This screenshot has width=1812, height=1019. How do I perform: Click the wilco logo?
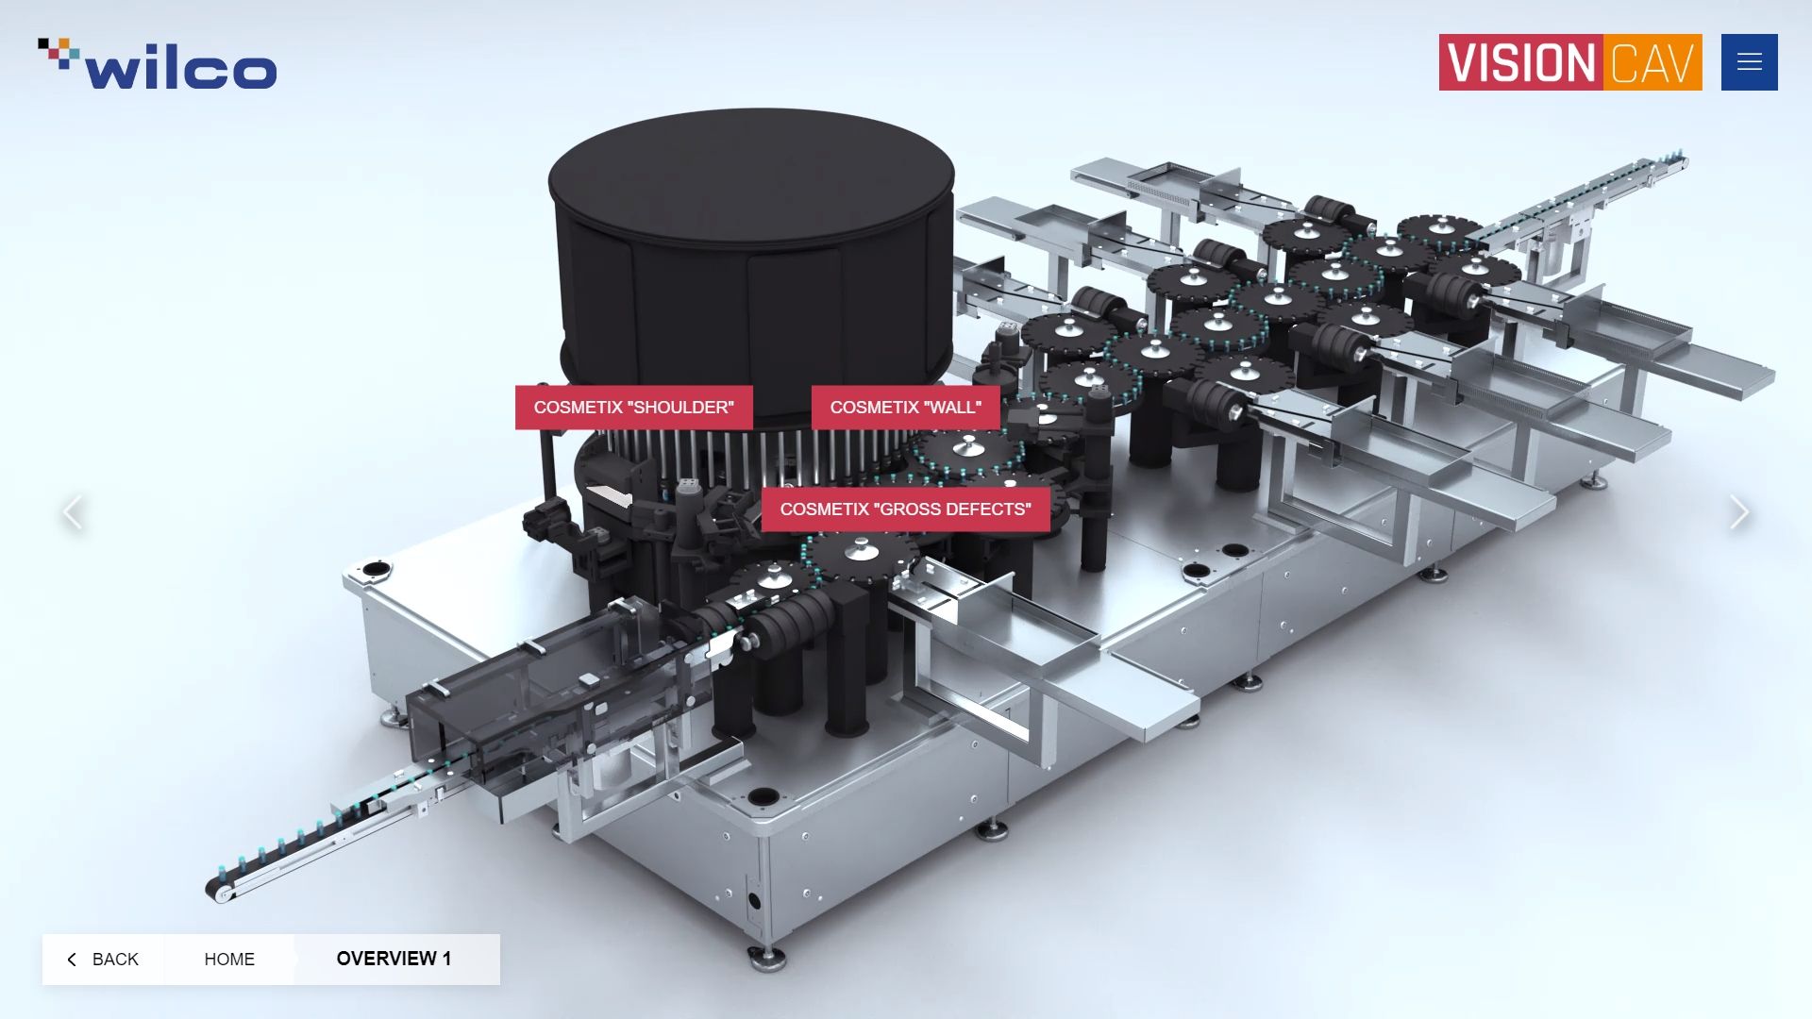click(x=158, y=64)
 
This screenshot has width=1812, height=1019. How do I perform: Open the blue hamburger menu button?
click(x=1749, y=62)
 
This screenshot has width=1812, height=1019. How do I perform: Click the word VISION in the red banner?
click(x=1520, y=62)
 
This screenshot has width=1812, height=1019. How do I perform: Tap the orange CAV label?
click(x=1652, y=62)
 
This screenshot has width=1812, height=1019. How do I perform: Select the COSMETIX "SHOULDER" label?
click(x=634, y=408)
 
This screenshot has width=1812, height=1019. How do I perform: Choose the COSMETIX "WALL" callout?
click(x=906, y=408)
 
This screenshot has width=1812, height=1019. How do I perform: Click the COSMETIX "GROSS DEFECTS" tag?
click(x=906, y=509)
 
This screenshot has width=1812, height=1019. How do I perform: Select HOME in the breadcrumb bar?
click(x=229, y=960)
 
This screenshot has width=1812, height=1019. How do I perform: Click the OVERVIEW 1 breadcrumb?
click(x=394, y=960)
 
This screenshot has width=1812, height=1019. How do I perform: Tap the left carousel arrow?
click(x=73, y=512)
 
